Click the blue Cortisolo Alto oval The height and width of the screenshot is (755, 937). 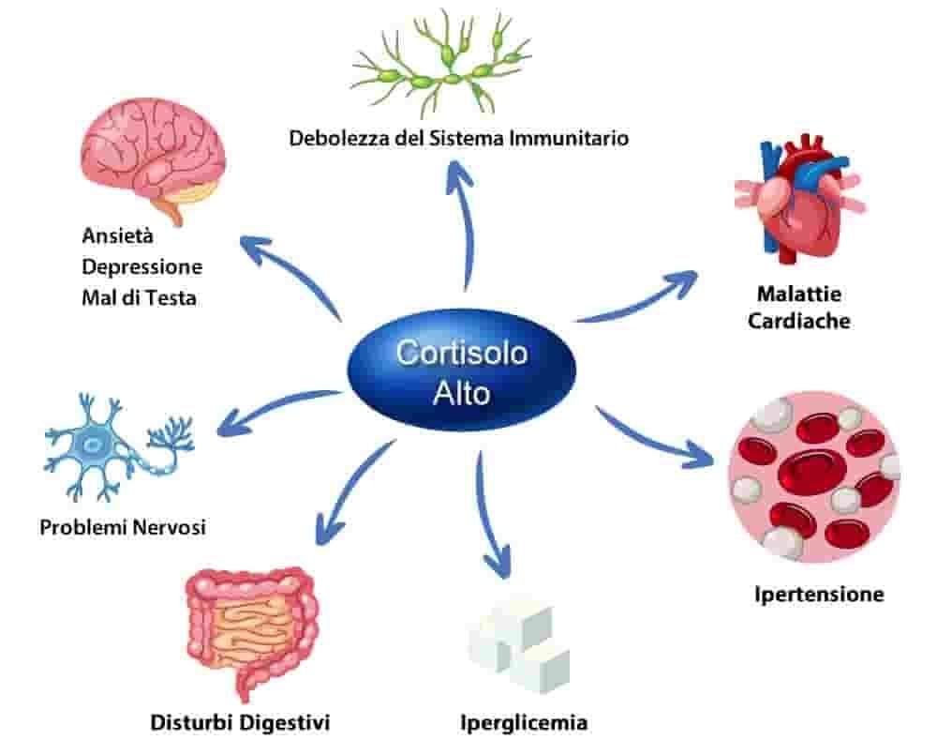[x=461, y=370]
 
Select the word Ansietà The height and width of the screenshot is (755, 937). [x=118, y=235]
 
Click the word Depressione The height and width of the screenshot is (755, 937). [x=142, y=266]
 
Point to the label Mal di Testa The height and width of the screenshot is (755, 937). [x=140, y=298]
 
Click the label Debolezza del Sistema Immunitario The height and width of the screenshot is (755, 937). [x=459, y=138]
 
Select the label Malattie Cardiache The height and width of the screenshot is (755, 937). [x=799, y=308]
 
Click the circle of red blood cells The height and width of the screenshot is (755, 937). [x=814, y=476]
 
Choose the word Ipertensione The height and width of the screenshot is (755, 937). [x=819, y=595]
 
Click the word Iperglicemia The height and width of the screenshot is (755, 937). [x=524, y=723]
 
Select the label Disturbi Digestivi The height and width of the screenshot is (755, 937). [x=240, y=723]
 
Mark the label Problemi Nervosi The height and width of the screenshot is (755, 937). [x=123, y=528]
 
